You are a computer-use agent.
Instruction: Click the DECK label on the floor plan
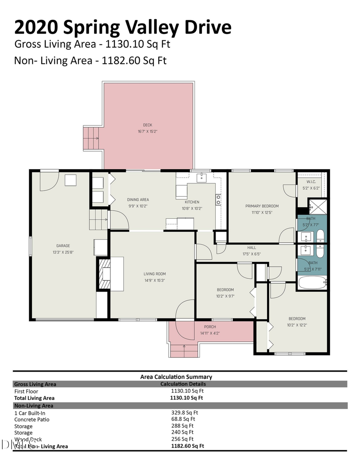(x=148, y=125)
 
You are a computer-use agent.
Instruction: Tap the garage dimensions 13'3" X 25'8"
(x=63, y=252)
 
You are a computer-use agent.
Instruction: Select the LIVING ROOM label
(x=154, y=274)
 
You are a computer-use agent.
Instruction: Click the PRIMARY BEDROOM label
(x=262, y=206)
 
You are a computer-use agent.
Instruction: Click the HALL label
(x=251, y=248)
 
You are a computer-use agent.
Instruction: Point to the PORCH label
(x=210, y=327)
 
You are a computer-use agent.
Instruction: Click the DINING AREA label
(x=138, y=200)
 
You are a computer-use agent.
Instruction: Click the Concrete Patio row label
(x=32, y=419)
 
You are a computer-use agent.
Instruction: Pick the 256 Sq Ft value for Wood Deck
(x=182, y=439)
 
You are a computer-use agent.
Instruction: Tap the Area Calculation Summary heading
(x=176, y=376)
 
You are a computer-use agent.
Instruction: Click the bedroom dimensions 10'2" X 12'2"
(x=297, y=325)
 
